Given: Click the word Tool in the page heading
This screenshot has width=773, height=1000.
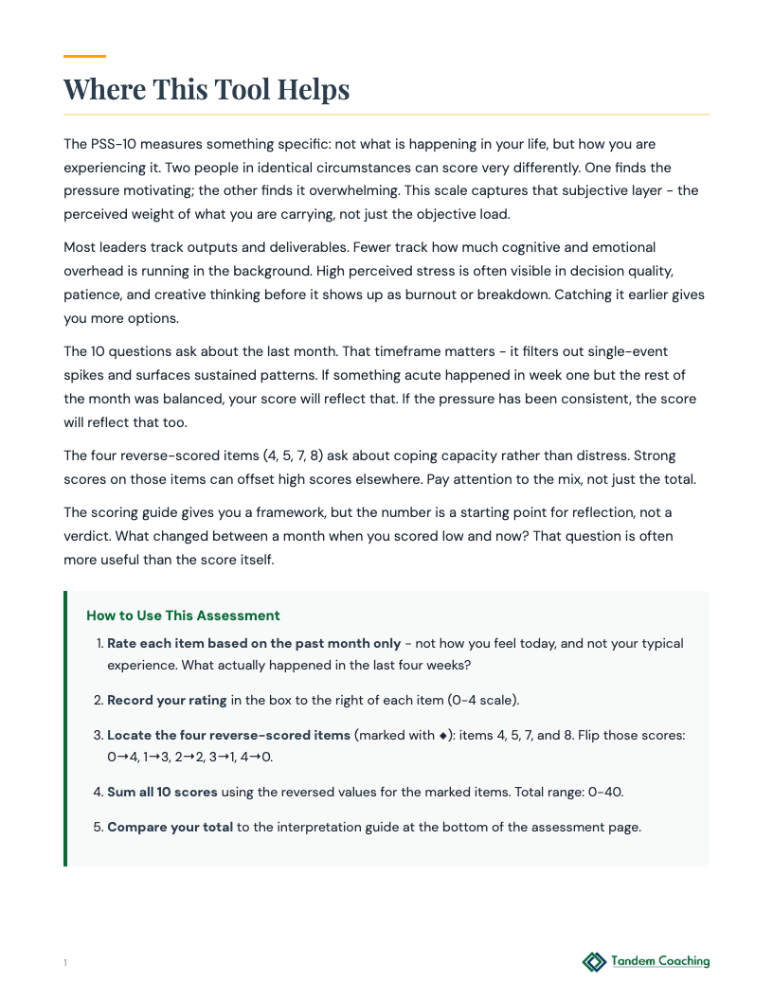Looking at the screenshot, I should (x=240, y=89).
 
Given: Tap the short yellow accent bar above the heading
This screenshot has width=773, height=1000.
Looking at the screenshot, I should (x=84, y=57).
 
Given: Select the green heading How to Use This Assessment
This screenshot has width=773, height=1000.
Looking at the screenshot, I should (x=183, y=616).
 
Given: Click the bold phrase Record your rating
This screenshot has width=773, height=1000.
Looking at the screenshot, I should (x=167, y=701).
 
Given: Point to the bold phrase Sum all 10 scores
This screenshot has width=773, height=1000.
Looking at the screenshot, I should (x=162, y=792).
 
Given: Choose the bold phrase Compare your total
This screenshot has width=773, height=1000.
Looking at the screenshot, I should (x=170, y=827).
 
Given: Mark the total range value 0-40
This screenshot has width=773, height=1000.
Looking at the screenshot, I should (x=604, y=792).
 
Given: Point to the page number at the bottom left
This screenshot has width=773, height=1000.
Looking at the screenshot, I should (x=65, y=963).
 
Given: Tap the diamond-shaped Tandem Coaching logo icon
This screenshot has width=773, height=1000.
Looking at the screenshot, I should (x=594, y=962).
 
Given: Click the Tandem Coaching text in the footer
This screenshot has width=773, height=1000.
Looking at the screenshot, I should (x=659, y=962).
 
